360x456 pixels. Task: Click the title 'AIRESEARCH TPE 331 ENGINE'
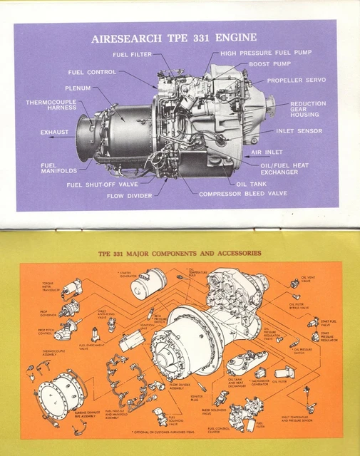pos(174,38)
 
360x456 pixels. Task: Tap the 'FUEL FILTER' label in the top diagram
pos(131,54)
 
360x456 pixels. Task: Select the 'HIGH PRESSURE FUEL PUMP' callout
pos(265,53)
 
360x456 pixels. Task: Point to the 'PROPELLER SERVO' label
pos(296,80)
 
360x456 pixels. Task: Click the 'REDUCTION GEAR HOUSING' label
pos(308,109)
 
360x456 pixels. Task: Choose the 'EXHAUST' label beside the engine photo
pos(54,132)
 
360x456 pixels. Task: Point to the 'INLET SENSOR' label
pos(299,131)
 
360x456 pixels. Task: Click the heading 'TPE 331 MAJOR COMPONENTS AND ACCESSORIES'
pos(180,253)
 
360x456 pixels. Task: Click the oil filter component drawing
pos(284,372)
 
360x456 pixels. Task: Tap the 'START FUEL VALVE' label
pos(329,322)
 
